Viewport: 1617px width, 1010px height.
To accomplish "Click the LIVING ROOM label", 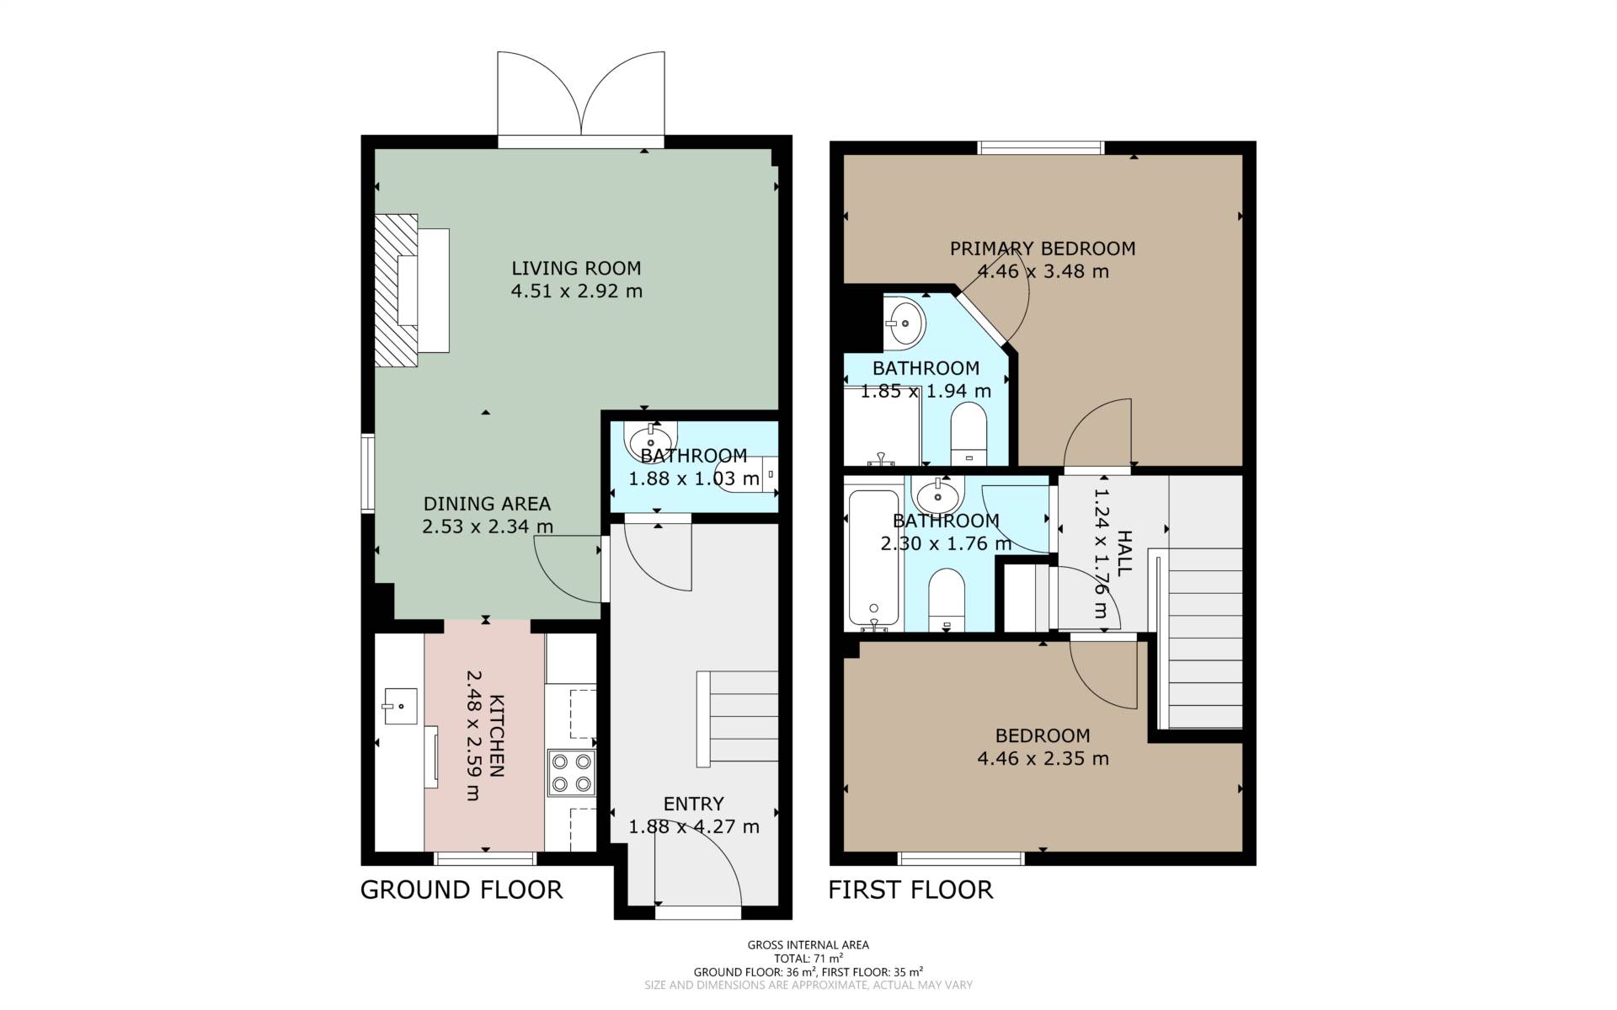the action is (x=576, y=269).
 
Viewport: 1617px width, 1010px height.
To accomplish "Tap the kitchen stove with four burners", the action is (x=571, y=773).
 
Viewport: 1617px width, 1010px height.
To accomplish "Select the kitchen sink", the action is (x=400, y=706).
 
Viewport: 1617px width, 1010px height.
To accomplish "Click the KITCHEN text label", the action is (x=497, y=736).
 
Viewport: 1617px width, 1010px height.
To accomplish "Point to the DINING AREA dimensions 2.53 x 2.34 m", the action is (x=488, y=527).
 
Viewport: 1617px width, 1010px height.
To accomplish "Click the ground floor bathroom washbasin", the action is (x=651, y=441).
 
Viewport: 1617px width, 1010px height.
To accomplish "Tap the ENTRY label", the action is (x=693, y=804).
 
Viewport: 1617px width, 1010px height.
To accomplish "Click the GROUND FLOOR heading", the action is (x=462, y=890).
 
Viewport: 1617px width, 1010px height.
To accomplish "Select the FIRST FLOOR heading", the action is (x=910, y=890).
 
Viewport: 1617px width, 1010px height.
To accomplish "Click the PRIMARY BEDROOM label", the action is (x=1043, y=248).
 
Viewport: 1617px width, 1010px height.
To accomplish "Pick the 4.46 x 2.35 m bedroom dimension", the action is (x=1043, y=759).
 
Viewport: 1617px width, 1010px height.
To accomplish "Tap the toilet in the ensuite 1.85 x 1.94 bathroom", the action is (x=968, y=433).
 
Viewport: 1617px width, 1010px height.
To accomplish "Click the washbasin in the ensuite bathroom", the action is (x=905, y=322).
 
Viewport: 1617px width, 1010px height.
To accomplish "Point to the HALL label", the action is (x=1124, y=553).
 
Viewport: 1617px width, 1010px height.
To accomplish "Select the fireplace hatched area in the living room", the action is (x=396, y=290).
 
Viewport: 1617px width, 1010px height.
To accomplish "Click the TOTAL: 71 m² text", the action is (x=808, y=958).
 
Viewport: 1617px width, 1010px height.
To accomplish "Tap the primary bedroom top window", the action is (x=1041, y=148).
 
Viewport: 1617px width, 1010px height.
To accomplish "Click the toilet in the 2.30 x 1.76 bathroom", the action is (x=947, y=600).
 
